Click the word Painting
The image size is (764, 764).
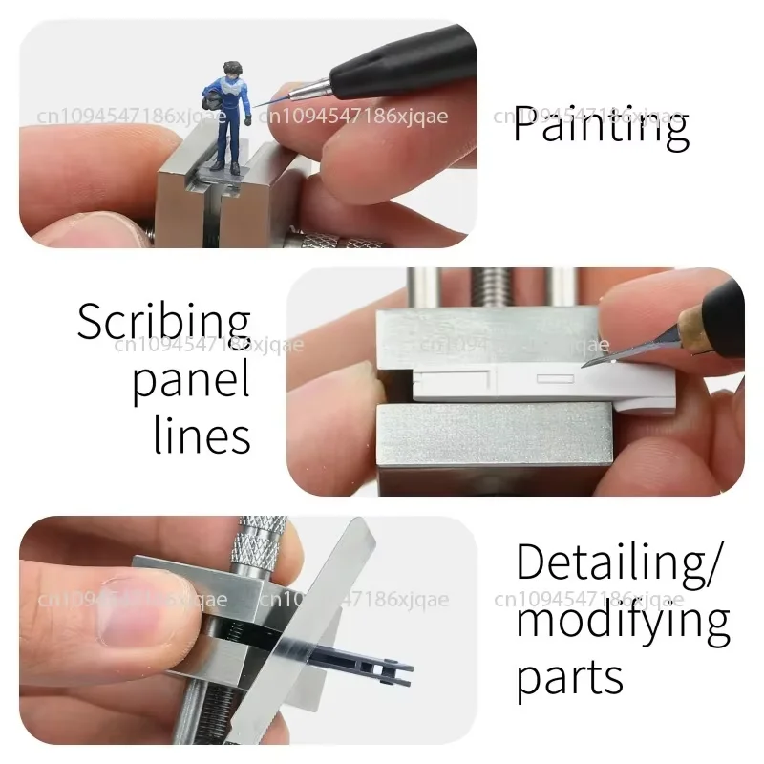tap(600, 126)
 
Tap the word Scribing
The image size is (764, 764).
tap(163, 324)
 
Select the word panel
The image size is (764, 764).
tap(190, 380)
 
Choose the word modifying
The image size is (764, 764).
tap(623, 623)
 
